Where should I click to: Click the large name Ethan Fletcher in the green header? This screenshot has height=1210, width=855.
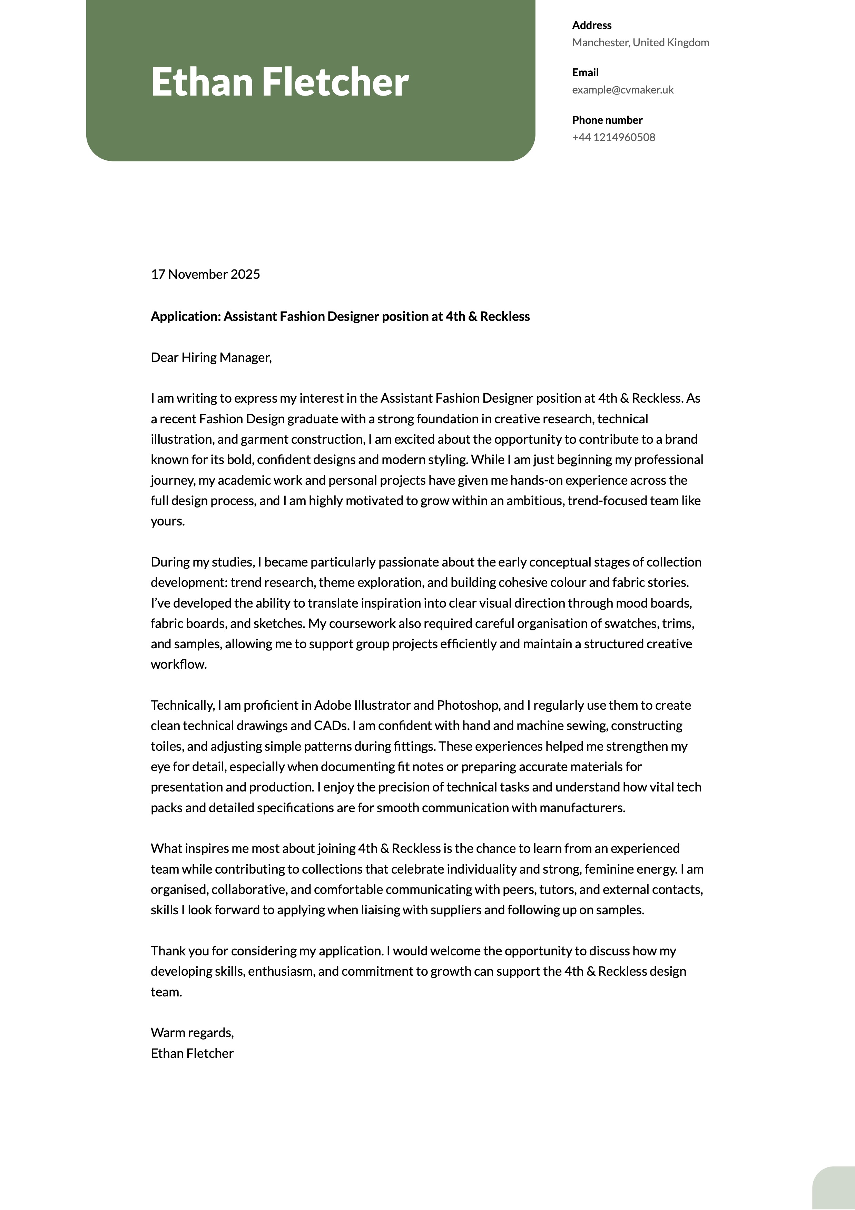(x=279, y=82)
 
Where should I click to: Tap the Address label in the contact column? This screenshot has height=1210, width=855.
(x=591, y=25)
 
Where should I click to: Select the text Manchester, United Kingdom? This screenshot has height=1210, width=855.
(x=640, y=43)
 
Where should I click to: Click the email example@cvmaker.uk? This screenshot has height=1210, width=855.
(x=622, y=90)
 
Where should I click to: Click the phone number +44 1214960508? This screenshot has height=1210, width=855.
(x=613, y=138)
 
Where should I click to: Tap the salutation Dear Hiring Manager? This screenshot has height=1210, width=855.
(x=211, y=358)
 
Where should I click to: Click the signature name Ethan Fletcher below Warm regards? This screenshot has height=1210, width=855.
(x=192, y=1053)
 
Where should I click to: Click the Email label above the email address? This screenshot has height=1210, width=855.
(x=585, y=73)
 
